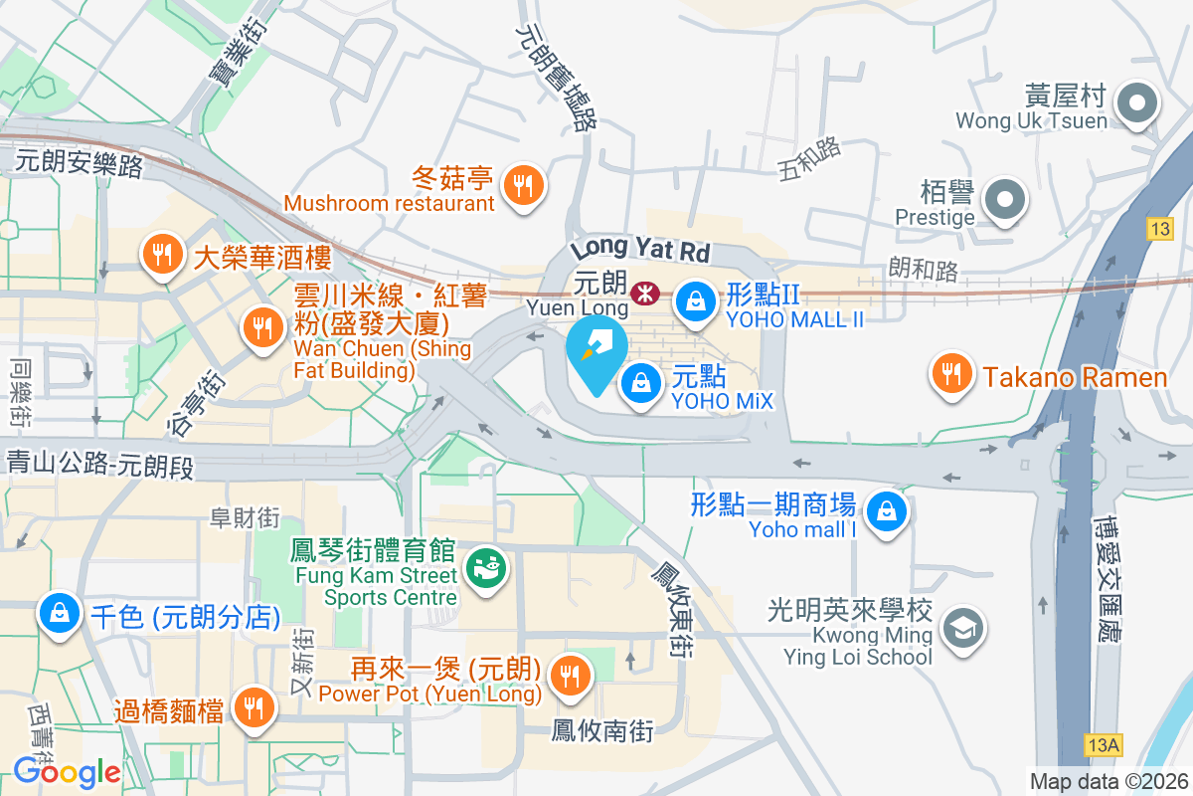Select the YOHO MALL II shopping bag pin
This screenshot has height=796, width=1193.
695,301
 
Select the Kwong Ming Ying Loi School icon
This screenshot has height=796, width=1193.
962,630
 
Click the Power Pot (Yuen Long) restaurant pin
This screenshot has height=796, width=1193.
570,676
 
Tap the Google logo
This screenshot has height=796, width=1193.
67,771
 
